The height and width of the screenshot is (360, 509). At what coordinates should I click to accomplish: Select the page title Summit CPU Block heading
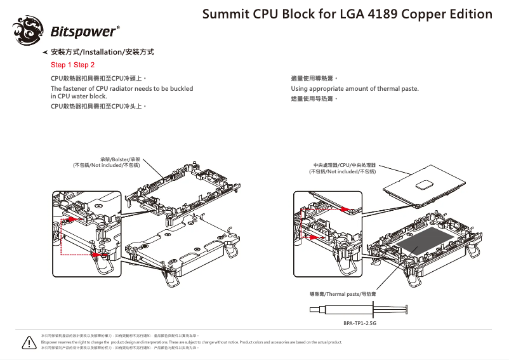pos(347,14)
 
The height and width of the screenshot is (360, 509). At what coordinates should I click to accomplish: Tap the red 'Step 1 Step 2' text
pos(72,65)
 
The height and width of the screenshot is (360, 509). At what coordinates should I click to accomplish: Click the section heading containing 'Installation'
pos(102,52)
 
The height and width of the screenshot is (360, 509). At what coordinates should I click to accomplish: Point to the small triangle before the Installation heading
pos(44,52)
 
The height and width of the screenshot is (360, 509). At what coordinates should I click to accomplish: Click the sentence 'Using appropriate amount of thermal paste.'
pos(354,88)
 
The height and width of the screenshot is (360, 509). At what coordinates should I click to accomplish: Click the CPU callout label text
pos(341,168)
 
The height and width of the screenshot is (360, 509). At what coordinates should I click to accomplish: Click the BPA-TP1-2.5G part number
pos(360,323)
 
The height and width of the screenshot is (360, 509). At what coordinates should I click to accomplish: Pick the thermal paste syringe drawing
pos(355,310)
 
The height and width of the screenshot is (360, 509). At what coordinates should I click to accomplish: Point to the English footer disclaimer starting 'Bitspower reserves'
pos(190,342)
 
